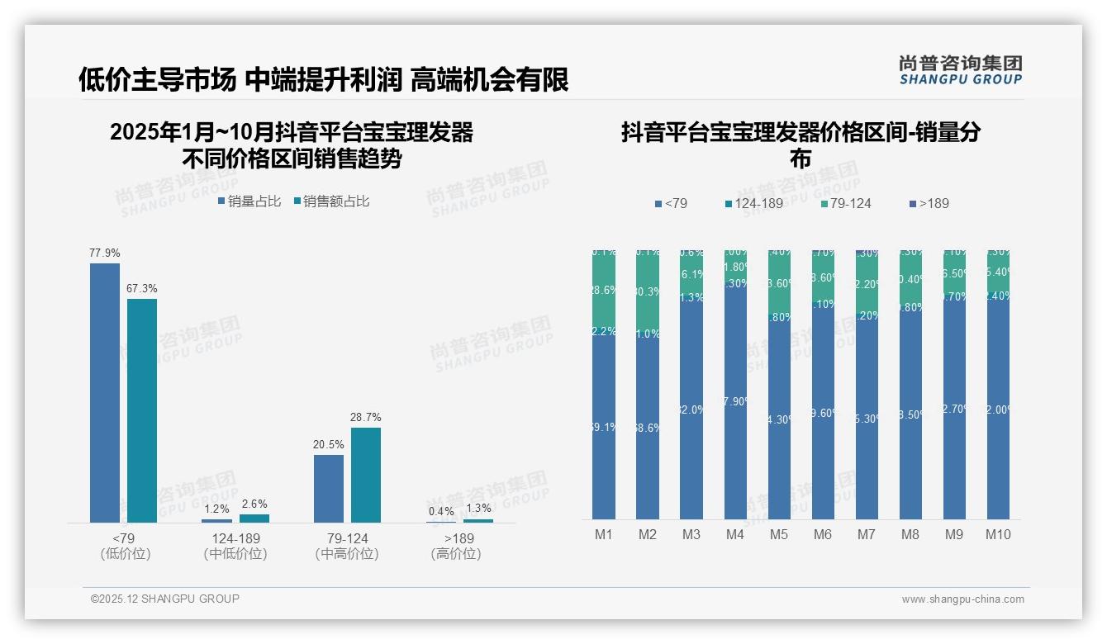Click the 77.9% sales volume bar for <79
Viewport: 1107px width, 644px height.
point(105,392)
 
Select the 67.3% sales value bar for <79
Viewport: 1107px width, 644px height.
point(142,410)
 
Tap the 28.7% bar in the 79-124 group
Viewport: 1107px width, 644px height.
point(366,475)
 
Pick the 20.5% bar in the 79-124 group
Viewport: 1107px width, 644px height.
point(329,488)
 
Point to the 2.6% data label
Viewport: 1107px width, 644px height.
point(254,504)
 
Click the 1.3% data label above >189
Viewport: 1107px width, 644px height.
point(478,508)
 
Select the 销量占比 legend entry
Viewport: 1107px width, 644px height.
point(250,201)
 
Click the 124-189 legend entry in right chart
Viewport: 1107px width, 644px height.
point(753,203)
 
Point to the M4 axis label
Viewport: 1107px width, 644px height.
point(735,534)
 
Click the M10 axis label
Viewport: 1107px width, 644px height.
point(998,534)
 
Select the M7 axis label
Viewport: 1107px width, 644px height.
point(867,534)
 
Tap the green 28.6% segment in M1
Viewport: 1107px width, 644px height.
point(604,290)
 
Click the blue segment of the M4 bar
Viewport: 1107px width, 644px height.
point(735,401)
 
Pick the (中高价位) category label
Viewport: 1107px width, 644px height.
point(347,554)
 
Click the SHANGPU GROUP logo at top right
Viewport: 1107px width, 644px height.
point(960,70)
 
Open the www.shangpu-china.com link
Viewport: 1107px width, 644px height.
point(962,599)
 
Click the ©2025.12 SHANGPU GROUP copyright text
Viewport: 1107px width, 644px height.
point(165,599)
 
